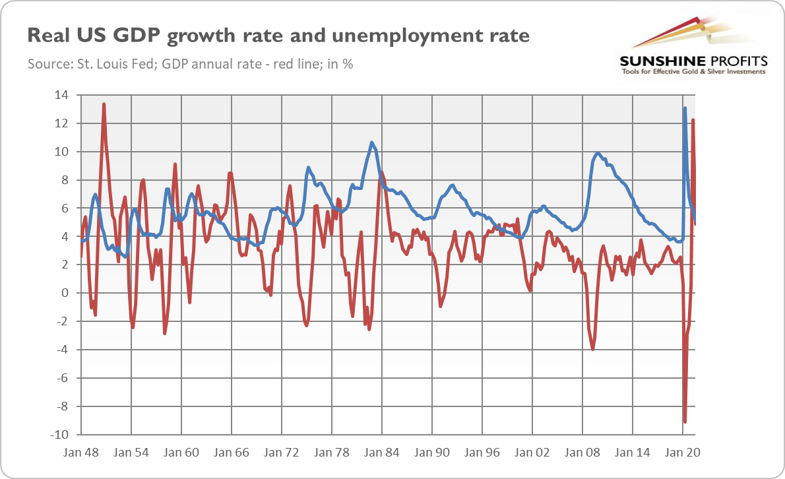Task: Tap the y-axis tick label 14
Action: (x=61, y=94)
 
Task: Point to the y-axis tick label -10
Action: (x=59, y=434)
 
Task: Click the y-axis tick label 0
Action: (x=65, y=293)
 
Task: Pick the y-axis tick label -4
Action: (x=62, y=350)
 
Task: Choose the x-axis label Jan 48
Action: (x=81, y=453)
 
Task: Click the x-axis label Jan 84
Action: (x=381, y=453)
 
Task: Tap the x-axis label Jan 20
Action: (x=682, y=453)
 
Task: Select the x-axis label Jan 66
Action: (x=232, y=453)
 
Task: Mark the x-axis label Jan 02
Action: (x=532, y=453)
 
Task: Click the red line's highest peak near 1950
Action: (x=104, y=104)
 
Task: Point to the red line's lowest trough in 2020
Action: (x=685, y=422)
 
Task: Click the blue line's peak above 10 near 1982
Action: (x=371, y=143)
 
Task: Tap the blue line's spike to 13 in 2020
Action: (x=685, y=108)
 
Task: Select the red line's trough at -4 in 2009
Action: (x=593, y=349)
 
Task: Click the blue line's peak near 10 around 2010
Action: (x=597, y=153)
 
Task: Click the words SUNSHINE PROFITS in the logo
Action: (x=693, y=61)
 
